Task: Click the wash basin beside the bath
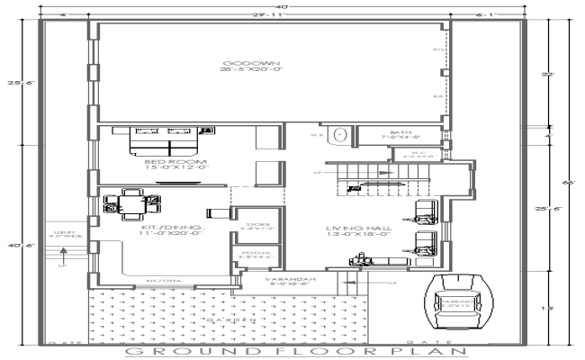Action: (338, 135)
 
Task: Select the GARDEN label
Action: (233, 319)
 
